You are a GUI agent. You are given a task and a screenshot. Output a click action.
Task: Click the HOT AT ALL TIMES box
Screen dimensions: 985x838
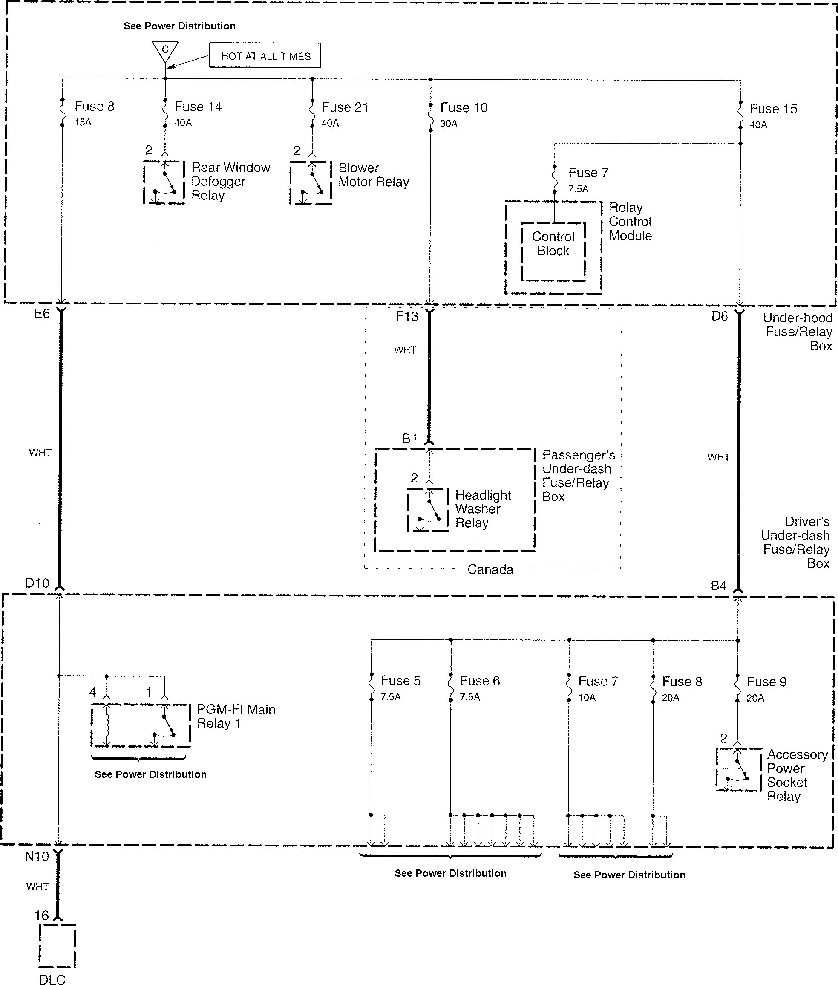[265, 55]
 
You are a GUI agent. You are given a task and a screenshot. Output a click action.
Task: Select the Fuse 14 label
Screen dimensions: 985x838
[198, 107]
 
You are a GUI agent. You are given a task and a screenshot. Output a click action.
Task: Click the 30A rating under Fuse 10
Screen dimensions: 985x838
[449, 124]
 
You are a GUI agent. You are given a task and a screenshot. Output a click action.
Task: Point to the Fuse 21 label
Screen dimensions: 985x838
[345, 107]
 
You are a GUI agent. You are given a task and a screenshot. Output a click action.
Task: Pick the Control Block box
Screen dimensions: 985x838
[553, 251]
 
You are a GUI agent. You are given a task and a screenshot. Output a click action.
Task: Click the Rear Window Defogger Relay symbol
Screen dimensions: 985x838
[164, 182]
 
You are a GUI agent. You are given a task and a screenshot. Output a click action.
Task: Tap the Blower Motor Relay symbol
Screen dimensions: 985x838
[311, 183]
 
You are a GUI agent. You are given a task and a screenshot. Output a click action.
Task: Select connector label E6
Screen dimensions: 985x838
[42, 314]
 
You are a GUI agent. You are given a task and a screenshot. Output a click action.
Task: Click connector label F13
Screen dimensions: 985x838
[407, 316]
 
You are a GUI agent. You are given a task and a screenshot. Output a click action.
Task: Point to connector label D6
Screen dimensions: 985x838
[719, 316]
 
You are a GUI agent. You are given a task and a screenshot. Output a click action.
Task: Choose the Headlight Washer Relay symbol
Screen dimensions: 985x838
[428, 509]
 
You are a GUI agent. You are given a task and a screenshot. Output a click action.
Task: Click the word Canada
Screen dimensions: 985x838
[490, 569]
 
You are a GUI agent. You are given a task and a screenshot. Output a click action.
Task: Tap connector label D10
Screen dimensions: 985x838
[37, 583]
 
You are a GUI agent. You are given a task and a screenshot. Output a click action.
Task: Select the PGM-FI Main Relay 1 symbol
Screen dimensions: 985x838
[141, 725]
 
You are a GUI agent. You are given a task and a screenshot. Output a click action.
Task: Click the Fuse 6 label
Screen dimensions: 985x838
[480, 681]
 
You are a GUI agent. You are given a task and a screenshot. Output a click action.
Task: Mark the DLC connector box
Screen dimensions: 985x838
[57, 945]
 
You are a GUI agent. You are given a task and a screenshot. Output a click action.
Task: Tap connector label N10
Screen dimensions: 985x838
[37, 856]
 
